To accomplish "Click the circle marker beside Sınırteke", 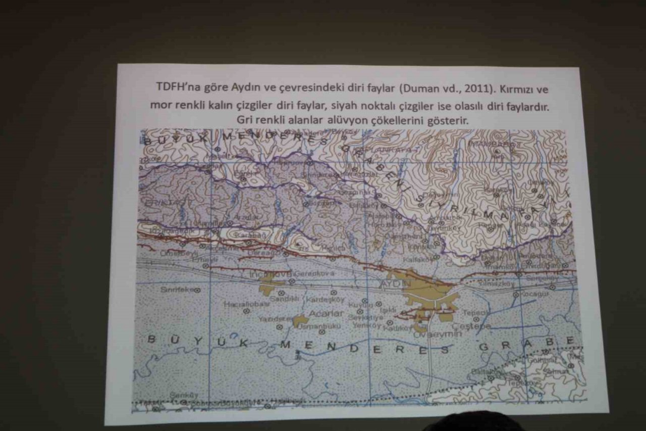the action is tap(198, 290).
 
